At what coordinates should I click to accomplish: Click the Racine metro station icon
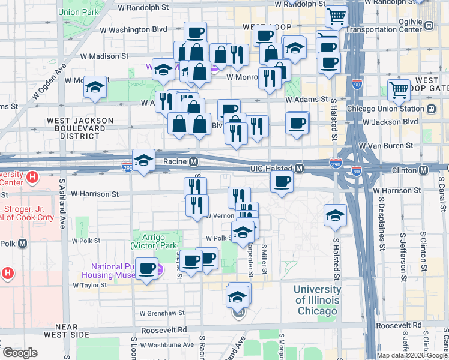click(194, 162)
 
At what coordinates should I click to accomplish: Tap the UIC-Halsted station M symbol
click(298, 170)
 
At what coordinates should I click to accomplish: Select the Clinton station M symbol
click(424, 170)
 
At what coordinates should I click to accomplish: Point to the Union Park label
click(78, 11)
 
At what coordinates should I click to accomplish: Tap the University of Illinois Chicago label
click(318, 301)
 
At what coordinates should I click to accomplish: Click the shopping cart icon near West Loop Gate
click(399, 91)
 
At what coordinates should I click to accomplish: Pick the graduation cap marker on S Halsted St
click(335, 216)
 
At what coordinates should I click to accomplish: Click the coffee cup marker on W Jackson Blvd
click(297, 124)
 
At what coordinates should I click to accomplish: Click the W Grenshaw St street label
click(161, 313)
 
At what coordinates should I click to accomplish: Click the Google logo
click(20, 353)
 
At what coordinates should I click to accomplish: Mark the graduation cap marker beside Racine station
click(144, 161)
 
